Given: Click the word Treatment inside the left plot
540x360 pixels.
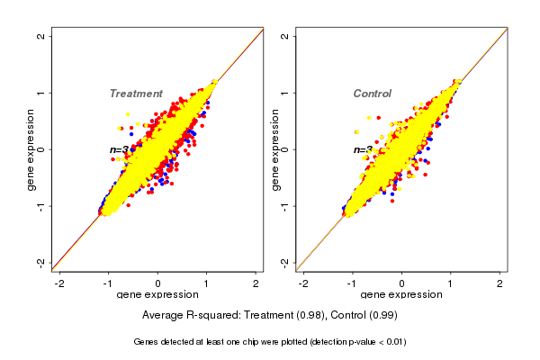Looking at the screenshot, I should (x=136, y=94).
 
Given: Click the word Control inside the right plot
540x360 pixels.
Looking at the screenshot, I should (x=372, y=94).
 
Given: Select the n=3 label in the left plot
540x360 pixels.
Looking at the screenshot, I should (x=119, y=149).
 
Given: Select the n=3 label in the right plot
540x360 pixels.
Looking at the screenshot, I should (x=362, y=149).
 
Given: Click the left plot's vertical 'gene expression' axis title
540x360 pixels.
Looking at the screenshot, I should (x=31, y=149).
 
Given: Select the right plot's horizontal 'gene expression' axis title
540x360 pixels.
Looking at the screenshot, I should (x=401, y=295).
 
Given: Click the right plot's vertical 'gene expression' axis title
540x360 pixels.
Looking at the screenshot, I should (x=275, y=149).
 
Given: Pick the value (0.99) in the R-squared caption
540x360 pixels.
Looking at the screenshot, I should (x=382, y=316).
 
